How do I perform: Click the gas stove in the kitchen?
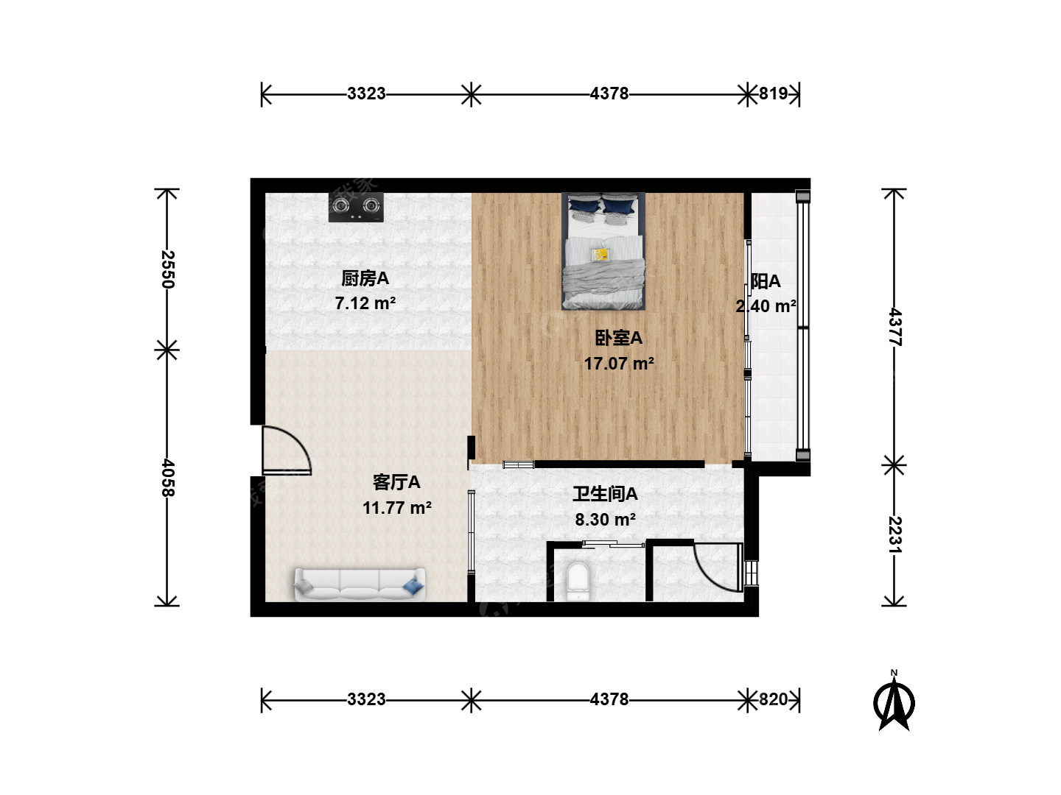coord(356,207)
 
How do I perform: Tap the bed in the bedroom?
coord(603,251)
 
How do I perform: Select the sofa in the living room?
coord(360,584)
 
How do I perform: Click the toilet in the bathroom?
coord(578,582)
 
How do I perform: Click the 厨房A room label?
coord(365,278)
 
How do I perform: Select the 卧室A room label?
coord(619,338)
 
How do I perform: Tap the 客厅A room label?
coord(396,482)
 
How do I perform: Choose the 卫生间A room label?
coord(605,494)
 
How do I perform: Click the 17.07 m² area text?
coord(619,364)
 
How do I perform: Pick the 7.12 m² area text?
coord(365,303)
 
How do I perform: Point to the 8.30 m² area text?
coord(605,520)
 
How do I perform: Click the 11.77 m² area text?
coord(397,508)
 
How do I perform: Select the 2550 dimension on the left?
coord(167,269)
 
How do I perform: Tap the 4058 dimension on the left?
coord(167,478)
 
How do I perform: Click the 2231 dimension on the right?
coord(894,535)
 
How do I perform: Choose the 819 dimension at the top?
coord(773,93)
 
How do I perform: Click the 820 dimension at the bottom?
coord(773,699)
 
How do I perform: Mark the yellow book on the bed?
coord(600,255)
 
